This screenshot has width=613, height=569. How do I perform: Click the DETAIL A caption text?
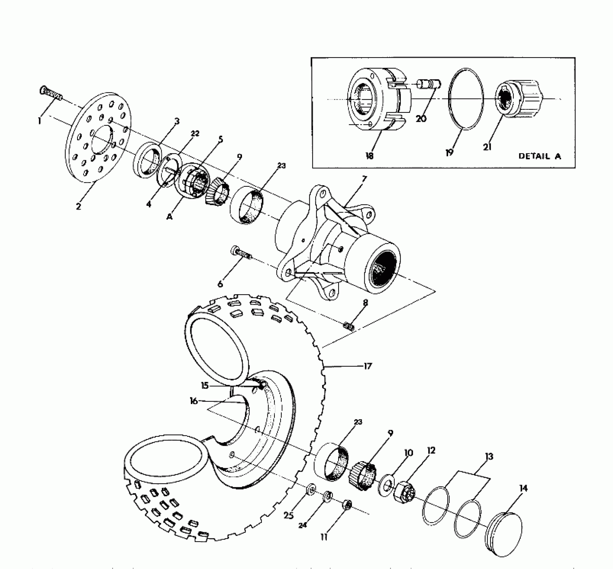539,156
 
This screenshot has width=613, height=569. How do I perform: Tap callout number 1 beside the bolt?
40,120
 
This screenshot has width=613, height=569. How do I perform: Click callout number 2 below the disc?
78,206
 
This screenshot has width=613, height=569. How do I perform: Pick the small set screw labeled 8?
349,326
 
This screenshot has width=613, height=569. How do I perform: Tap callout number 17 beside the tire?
368,366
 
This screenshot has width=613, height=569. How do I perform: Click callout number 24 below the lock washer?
303,525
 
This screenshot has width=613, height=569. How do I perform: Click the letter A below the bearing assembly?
170,217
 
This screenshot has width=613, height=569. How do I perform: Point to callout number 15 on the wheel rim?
205,386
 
